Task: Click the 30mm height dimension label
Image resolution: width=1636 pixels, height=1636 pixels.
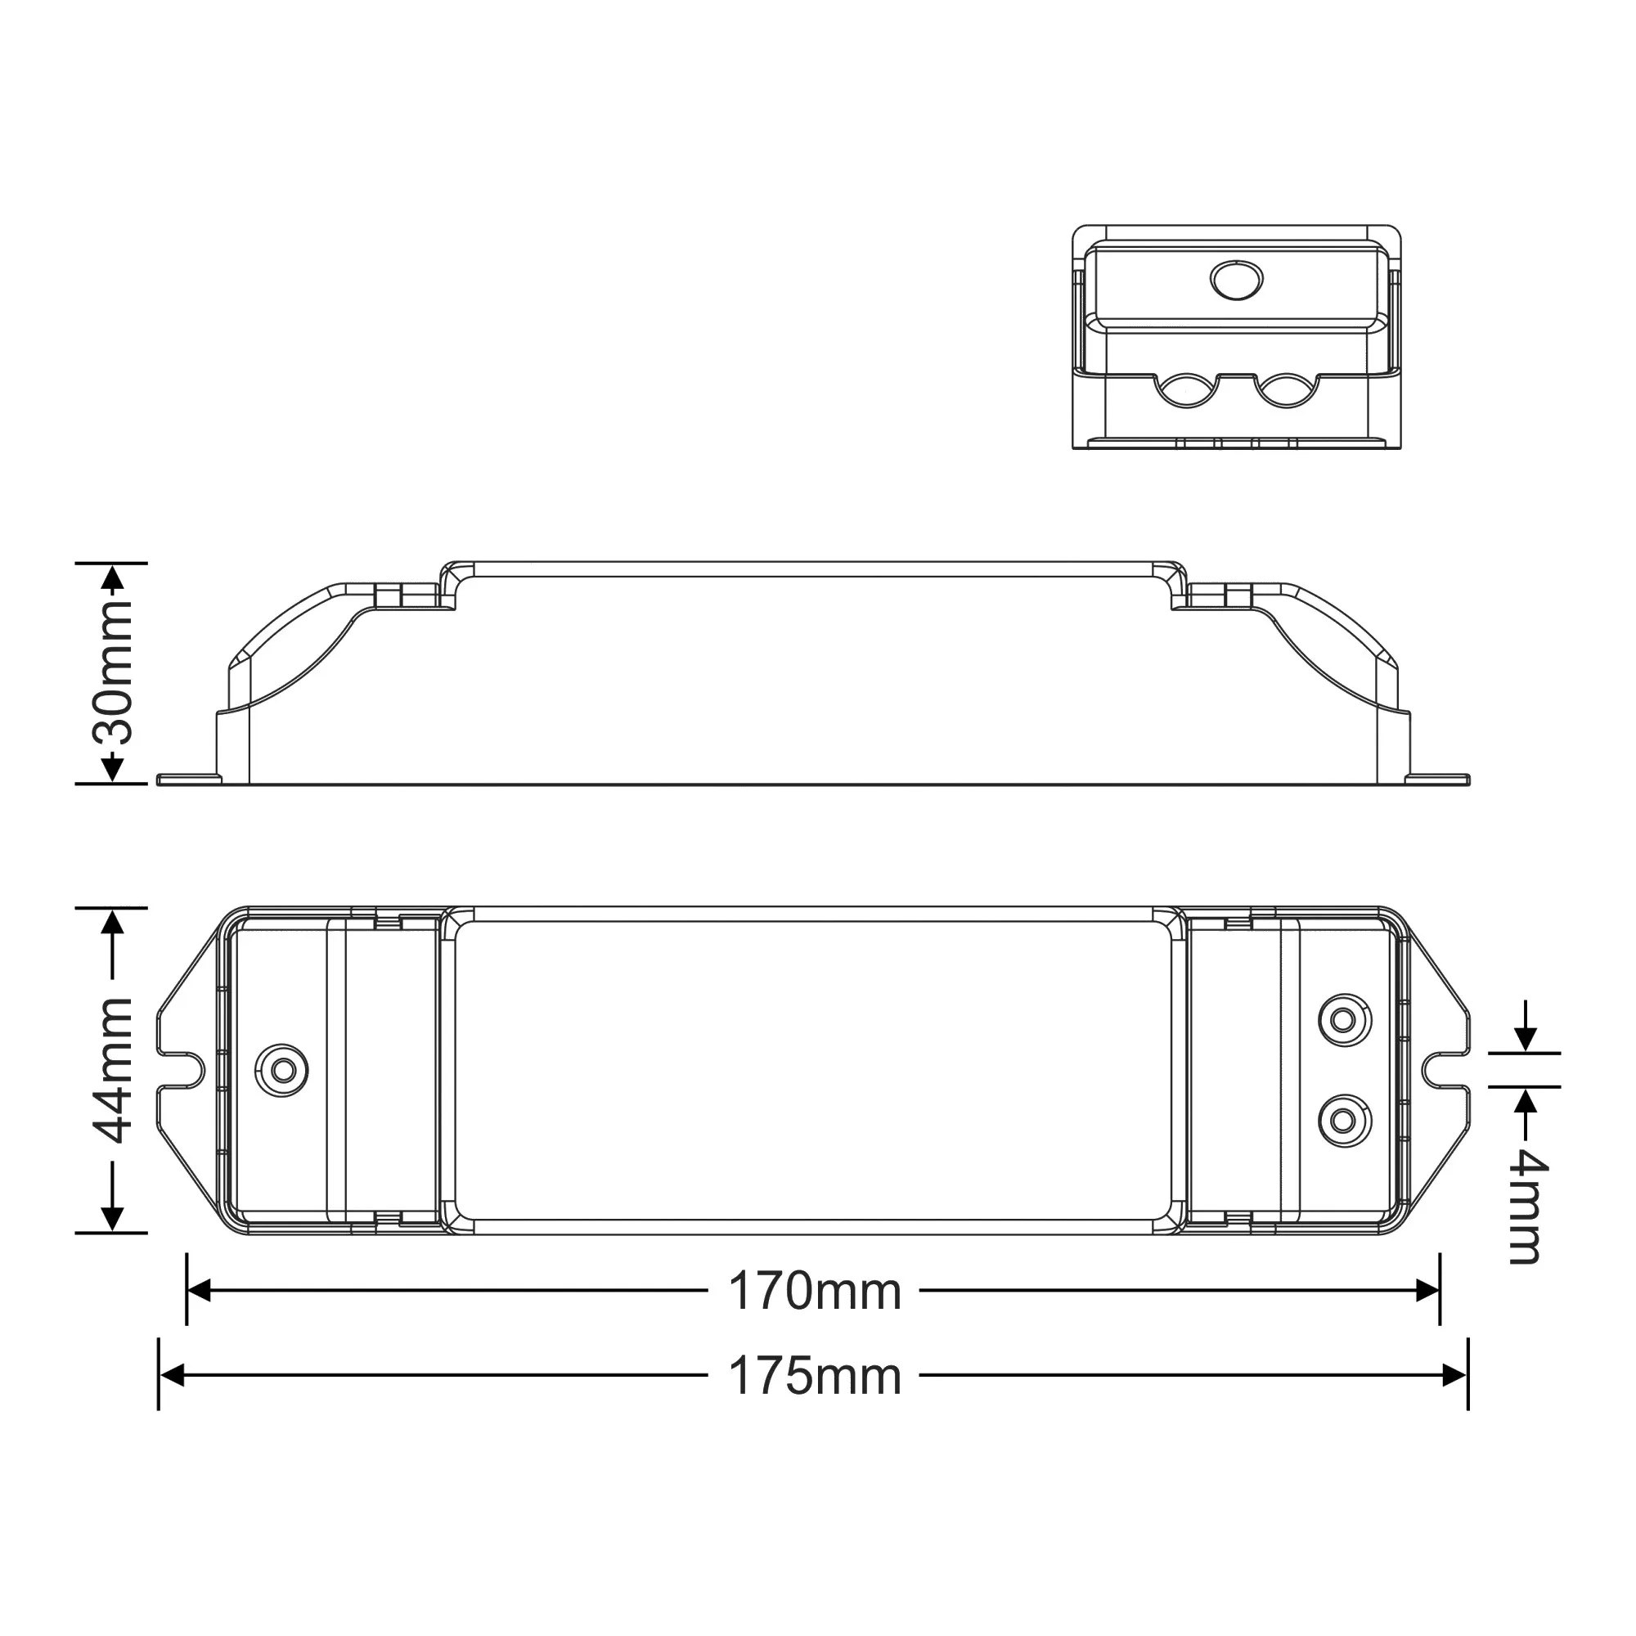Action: [113, 673]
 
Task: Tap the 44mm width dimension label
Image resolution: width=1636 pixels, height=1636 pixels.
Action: [113, 1072]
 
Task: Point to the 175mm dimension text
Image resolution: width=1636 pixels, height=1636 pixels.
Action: [815, 1377]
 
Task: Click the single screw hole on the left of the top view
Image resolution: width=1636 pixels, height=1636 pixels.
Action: [282, 1072]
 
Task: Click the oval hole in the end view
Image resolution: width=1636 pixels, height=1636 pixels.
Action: [1236, 280]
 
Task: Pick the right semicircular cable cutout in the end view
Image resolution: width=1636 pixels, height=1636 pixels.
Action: [1286, 393]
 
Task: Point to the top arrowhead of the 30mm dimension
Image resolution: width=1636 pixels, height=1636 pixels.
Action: [113, 578]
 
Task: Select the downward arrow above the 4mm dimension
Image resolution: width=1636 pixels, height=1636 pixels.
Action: [1525, 1038]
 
